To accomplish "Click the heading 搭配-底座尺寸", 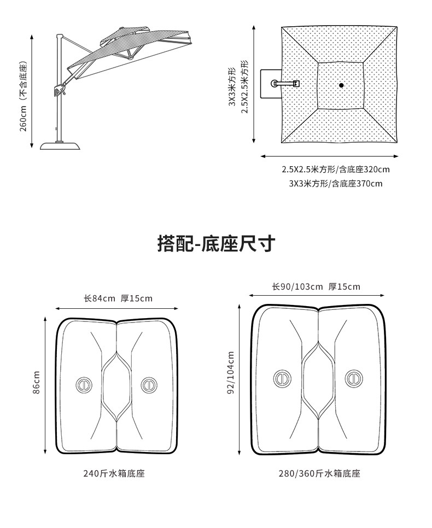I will click(x=215, y=243).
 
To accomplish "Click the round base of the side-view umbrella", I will click(x=62, y=145).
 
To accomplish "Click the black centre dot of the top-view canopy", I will click(x=341, y=85).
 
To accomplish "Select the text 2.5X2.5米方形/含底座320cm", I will click(x=336, y=169).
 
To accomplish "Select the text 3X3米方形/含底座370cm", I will click(x=336, y=184).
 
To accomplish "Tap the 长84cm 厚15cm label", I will click(x=118, y=298).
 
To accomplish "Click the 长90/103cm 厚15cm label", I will click(x=316, y=286).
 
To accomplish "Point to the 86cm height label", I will click(x=36, y=383).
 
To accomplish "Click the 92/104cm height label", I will click(x=231, y=373).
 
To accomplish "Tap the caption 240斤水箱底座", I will click(x=114, y=474).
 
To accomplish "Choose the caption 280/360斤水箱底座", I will click(x=319, y=474).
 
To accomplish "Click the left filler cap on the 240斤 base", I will click(x=84, y=384).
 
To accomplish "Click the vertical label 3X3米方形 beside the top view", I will click(x=232, y=87).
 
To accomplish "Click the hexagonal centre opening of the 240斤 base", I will click(x=116, y=385).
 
